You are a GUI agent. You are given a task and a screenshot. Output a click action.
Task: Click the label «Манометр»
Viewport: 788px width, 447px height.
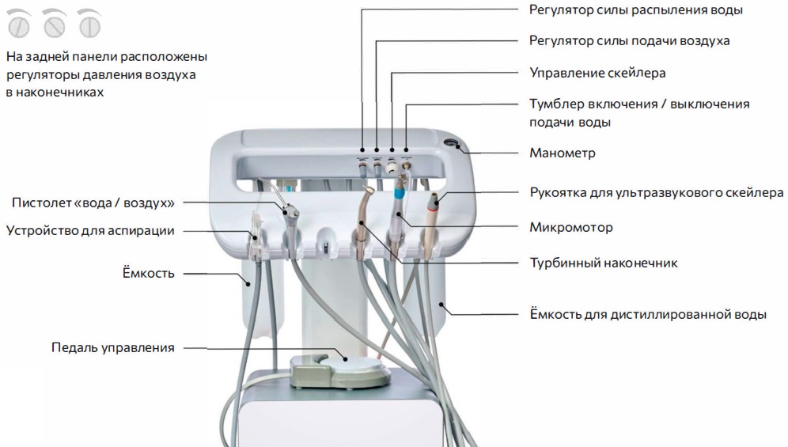point(562,153)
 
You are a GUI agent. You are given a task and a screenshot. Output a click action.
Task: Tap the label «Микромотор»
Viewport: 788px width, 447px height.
point(570,228)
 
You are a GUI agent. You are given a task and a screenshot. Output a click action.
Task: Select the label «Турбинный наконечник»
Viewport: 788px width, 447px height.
point(603,263)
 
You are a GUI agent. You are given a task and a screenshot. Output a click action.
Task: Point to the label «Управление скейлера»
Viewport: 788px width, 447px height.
point(597,73)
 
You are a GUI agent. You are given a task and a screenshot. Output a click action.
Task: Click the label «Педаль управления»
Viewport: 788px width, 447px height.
point(113,347)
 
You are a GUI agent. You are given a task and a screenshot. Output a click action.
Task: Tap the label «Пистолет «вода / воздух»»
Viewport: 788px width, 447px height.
point(93,203)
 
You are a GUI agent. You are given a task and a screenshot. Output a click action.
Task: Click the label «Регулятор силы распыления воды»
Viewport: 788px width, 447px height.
point(635,10)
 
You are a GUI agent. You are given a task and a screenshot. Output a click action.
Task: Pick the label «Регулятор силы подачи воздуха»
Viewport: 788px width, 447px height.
point(629,40)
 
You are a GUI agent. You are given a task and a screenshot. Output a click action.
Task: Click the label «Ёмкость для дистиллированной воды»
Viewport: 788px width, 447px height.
point(647,314)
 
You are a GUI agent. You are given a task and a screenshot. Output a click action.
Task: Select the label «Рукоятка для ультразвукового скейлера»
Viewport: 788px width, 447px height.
point(656,192)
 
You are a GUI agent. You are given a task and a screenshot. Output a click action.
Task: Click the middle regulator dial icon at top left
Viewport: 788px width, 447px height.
point(55,25)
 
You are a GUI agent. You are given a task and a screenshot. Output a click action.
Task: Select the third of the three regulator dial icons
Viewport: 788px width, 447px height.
point(89,25)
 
